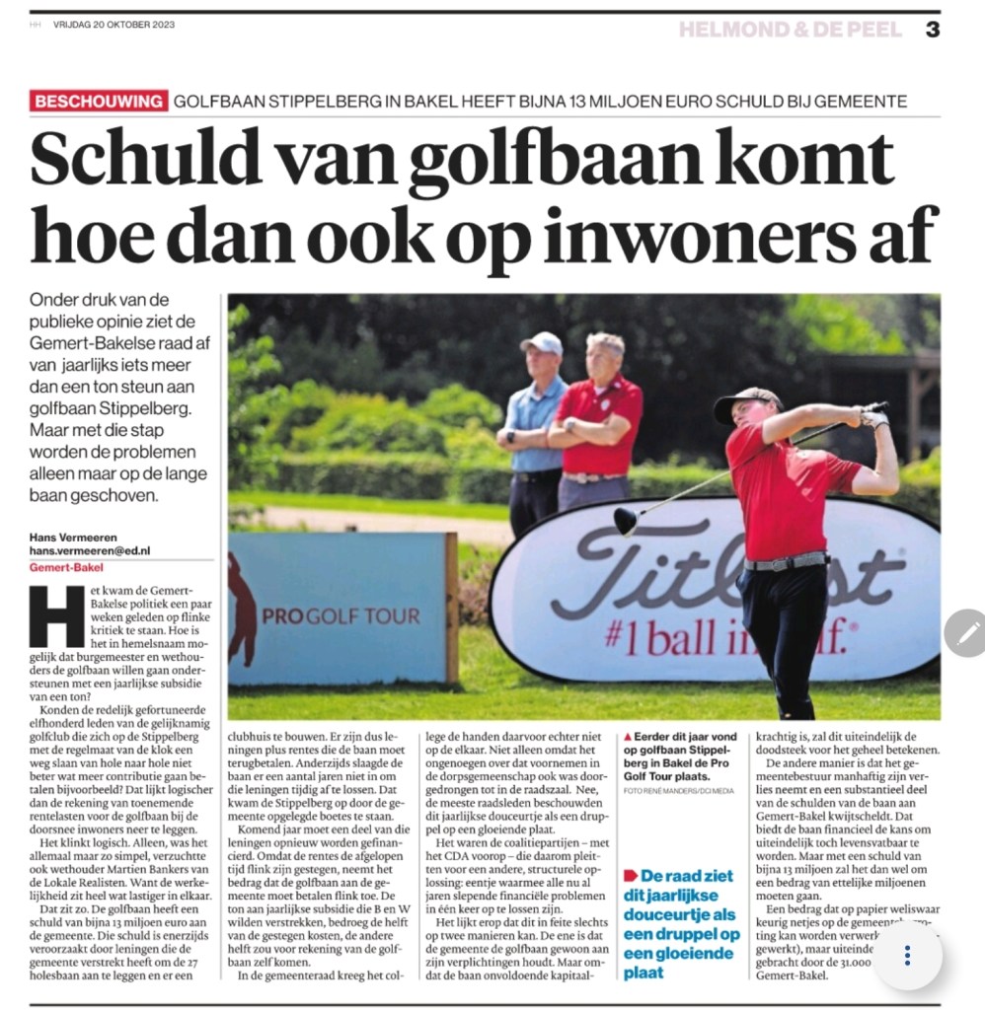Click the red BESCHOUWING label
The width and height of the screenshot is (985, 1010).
point(98,101)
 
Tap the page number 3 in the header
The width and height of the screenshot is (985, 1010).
point(932,30)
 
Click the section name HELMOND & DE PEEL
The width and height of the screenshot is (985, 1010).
point(790,30)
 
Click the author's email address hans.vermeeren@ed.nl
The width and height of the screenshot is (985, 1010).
point(90,550)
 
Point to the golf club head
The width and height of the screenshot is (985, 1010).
point(626,520)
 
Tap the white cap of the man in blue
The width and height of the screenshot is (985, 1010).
point(541,342)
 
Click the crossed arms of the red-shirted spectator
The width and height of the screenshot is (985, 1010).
point(592,431)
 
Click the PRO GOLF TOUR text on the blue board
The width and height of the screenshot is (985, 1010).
point(341,616)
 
